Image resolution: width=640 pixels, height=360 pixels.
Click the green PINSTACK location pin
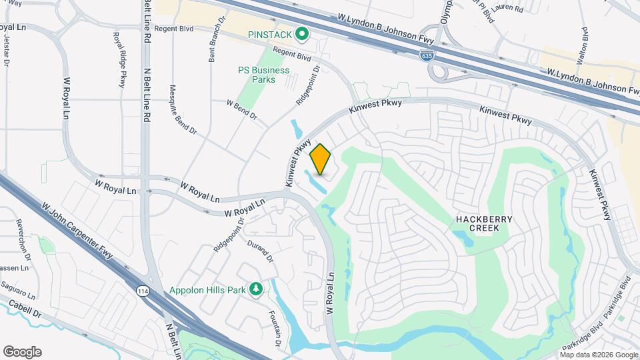click(x=301, y=33)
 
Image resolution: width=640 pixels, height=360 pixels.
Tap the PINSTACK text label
click(x=270, y=34)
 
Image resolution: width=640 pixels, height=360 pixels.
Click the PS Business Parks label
click(x=264, y=75)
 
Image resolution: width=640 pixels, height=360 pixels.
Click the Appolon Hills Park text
click(x=207, y=290)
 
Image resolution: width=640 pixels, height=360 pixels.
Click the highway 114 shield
click(x=144, y=291)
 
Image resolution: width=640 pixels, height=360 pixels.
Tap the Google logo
click(x=22, y=352)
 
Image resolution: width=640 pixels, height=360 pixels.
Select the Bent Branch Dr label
click(x=213, y=48)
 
